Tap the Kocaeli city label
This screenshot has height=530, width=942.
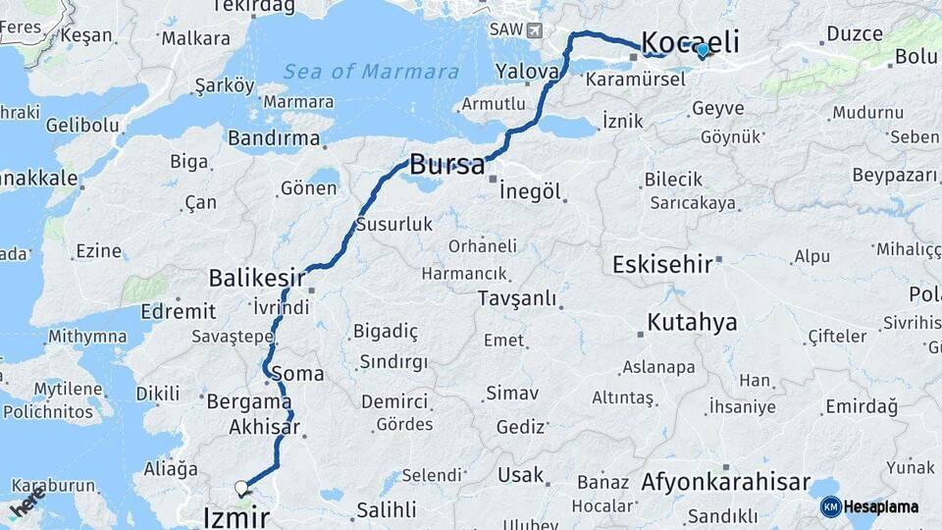(689, 42)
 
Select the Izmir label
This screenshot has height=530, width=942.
(235, 516)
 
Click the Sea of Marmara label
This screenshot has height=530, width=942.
(371, 72)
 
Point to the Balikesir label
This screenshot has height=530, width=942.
(257, 278)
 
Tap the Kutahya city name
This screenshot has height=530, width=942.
(692, 322)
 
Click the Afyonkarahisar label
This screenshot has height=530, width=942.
(725, 483)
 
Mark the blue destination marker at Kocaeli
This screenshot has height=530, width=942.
(703, 49)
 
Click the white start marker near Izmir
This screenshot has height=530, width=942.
(240, 487)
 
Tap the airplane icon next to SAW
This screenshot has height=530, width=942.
(534, 29)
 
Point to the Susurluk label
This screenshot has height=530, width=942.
(394, 224)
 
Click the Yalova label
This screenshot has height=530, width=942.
(527, 71)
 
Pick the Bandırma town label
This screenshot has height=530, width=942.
(274, 138)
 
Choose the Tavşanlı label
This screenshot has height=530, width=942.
(517, 298)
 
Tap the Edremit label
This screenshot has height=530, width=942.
(179, 311)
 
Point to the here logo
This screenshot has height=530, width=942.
(26, 506)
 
